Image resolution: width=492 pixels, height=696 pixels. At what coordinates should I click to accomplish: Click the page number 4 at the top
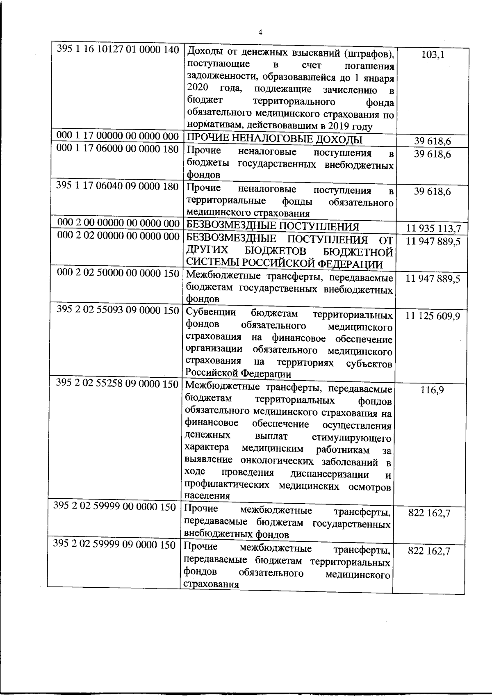(261, 33)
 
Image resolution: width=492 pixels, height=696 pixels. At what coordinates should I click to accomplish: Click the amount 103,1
(433, 55)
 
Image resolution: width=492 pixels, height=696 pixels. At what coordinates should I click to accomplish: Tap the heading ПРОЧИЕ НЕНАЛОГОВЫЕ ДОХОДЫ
(274, 139)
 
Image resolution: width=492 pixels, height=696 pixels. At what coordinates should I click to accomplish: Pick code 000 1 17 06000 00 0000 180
(118, 149)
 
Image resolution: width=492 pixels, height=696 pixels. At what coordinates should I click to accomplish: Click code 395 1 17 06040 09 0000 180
(118, 186)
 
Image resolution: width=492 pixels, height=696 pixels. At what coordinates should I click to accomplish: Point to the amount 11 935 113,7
(433, 228)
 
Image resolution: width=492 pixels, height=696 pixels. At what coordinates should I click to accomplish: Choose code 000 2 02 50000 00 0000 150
(119, 273)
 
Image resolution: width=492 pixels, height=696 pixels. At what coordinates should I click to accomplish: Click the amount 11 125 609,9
(433, 316)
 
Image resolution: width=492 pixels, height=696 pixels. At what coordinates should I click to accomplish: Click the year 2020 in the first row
(198, 88)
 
